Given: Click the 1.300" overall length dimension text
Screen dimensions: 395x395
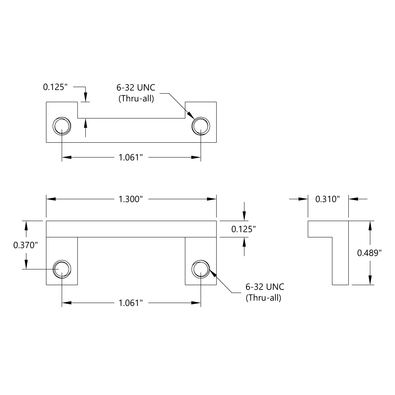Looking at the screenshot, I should pos(131,199).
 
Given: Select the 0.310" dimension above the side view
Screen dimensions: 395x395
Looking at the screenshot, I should pos(328,199).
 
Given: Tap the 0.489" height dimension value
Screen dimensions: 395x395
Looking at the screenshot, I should pos(369,253).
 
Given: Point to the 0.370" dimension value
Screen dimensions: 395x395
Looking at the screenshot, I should pos(26,245).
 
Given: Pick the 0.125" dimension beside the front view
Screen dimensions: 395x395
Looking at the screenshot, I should pos(244,229).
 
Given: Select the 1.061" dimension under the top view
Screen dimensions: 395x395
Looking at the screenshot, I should pos(131,157).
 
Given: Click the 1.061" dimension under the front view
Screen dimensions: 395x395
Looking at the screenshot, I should pos(131,303).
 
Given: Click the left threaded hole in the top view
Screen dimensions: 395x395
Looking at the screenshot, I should pos(62,125).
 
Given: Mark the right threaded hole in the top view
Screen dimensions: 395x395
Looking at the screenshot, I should pos(201,125).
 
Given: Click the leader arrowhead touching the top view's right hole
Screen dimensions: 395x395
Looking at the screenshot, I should pos(190,116).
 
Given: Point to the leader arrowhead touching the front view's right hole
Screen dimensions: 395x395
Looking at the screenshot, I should pos(213,273).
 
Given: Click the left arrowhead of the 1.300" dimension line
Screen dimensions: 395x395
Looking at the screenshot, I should pos(51,199).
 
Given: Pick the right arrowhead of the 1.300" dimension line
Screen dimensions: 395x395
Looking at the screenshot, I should pos(212,199).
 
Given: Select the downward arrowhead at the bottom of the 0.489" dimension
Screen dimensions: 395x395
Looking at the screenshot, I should pos(370,280).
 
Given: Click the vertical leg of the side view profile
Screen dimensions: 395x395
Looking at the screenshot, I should pos(340,261).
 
